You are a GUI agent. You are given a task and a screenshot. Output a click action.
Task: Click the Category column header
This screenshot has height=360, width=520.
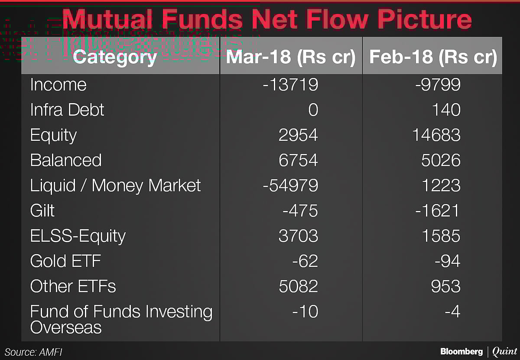(115, 57)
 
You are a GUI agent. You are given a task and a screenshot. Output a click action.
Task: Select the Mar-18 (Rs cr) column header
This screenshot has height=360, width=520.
(291, 57)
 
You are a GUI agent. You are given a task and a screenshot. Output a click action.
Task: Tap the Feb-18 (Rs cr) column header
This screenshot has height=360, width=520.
(433, 57)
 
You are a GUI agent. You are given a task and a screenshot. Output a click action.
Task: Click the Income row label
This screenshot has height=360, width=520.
(58, 84)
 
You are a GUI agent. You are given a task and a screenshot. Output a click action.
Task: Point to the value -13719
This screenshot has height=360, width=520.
(290, 84)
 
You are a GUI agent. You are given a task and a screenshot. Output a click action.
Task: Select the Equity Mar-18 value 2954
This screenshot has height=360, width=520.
(299, 135)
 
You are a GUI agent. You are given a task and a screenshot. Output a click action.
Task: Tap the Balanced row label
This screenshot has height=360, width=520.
(66, 160)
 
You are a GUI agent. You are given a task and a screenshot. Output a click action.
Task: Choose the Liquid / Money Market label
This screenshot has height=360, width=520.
(115, 185)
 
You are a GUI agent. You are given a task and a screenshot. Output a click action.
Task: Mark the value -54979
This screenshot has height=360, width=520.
(290, 185)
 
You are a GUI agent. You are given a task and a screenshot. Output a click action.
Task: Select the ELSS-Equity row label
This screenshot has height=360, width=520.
(78, 236)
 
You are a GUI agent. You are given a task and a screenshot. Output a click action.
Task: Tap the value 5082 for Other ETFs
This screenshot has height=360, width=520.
(299, 286)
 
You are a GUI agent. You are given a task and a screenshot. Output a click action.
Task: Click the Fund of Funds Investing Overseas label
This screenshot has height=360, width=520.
(121, 319)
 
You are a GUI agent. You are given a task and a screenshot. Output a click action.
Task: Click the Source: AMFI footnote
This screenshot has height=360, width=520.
(34, 352)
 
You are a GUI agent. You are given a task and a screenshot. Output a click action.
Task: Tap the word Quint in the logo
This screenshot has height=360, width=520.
(505, 351)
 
